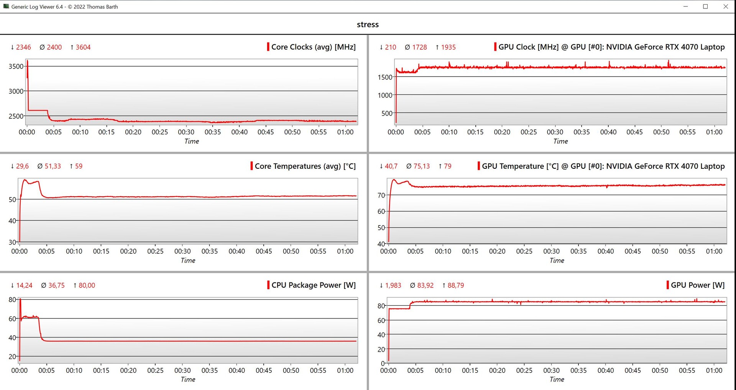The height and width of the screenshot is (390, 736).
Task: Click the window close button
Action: (x=726, y=7)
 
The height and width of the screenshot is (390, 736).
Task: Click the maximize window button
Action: (x=705, y=7)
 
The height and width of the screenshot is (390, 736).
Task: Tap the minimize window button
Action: (x=685, y=7)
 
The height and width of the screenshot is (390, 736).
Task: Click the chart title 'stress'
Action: (x=368, y=24)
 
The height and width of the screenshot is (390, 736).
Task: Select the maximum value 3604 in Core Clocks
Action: (x=83, y=47)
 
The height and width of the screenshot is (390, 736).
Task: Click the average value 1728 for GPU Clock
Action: (x=419, y=47)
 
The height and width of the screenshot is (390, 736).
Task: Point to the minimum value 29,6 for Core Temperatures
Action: (x=22, y=166)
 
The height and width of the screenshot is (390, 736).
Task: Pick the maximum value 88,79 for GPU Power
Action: (x=455, y=285)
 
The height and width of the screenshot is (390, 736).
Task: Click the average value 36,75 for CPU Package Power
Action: (x=56, y=285)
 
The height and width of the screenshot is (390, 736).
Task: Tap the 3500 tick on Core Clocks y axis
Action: (x=16, y=66)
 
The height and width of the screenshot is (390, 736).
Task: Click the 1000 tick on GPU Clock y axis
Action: (x=385, y=95)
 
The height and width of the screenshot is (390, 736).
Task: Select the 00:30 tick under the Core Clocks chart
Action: (x=186, y=132)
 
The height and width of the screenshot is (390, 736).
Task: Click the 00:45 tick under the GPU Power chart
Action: (x=632, y=370)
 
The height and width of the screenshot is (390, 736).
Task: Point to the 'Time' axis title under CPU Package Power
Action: (x=188, y=379)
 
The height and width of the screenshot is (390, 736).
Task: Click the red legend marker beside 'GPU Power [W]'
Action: (x=668, y=285)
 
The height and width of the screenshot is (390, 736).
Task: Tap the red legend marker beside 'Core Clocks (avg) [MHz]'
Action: (x=268, y=47)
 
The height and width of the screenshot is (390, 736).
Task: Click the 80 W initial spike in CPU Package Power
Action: (x=20, y=300)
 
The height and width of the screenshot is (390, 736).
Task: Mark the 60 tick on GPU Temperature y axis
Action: (x=381, y=211)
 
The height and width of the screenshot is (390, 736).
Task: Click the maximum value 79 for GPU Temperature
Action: (x=447, y=166)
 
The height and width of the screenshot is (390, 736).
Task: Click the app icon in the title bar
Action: (x=6, y=7)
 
